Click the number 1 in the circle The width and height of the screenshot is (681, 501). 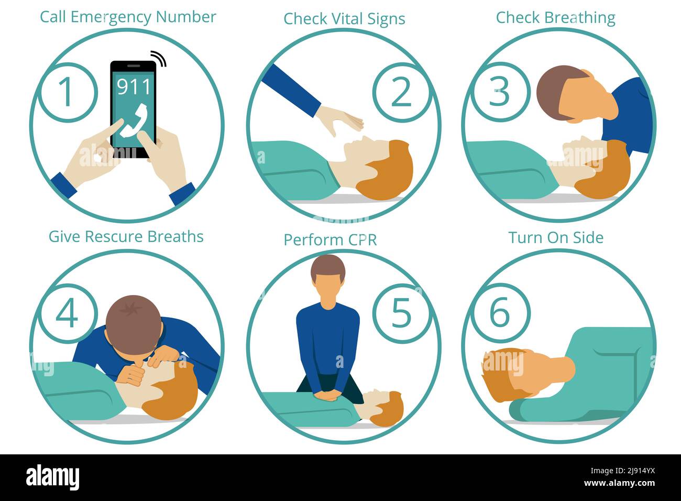pyautogui.click(x=66, y=92)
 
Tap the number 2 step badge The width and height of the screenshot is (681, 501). pyautogui.click(x=402, y=92)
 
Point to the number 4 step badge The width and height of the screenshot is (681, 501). pyautogui.click(x=68, y=313)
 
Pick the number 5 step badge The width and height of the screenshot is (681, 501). pyautogui.click(x=402, y=313)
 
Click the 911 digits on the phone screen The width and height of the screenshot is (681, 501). pyautogui.click(x=134, y=86)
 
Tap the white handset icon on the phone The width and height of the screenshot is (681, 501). pyautogui.click(x=134, y=121)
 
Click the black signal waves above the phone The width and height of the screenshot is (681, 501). pyautogui.click(x=159, y=58)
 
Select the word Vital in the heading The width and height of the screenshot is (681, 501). pyautogui.click(x=348, y=18)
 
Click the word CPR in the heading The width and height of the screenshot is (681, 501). pyautogui.click(x=362, y=239)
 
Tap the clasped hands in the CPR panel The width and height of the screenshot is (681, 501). pyautogui.click(x=328, y=396)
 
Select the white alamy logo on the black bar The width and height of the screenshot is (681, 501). pyautogui.click(x=52, y=477)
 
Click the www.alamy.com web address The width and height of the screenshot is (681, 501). pyautogui.click(x=619, y=483)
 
